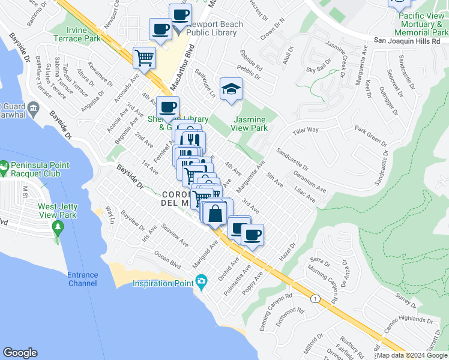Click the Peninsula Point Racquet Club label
point(35,169)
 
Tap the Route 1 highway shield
point(315,298)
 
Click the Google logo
point(20,353)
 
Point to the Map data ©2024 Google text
point(412,355)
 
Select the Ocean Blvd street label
point(167,262)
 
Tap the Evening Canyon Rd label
point(274,311)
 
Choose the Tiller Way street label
point(306,130)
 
